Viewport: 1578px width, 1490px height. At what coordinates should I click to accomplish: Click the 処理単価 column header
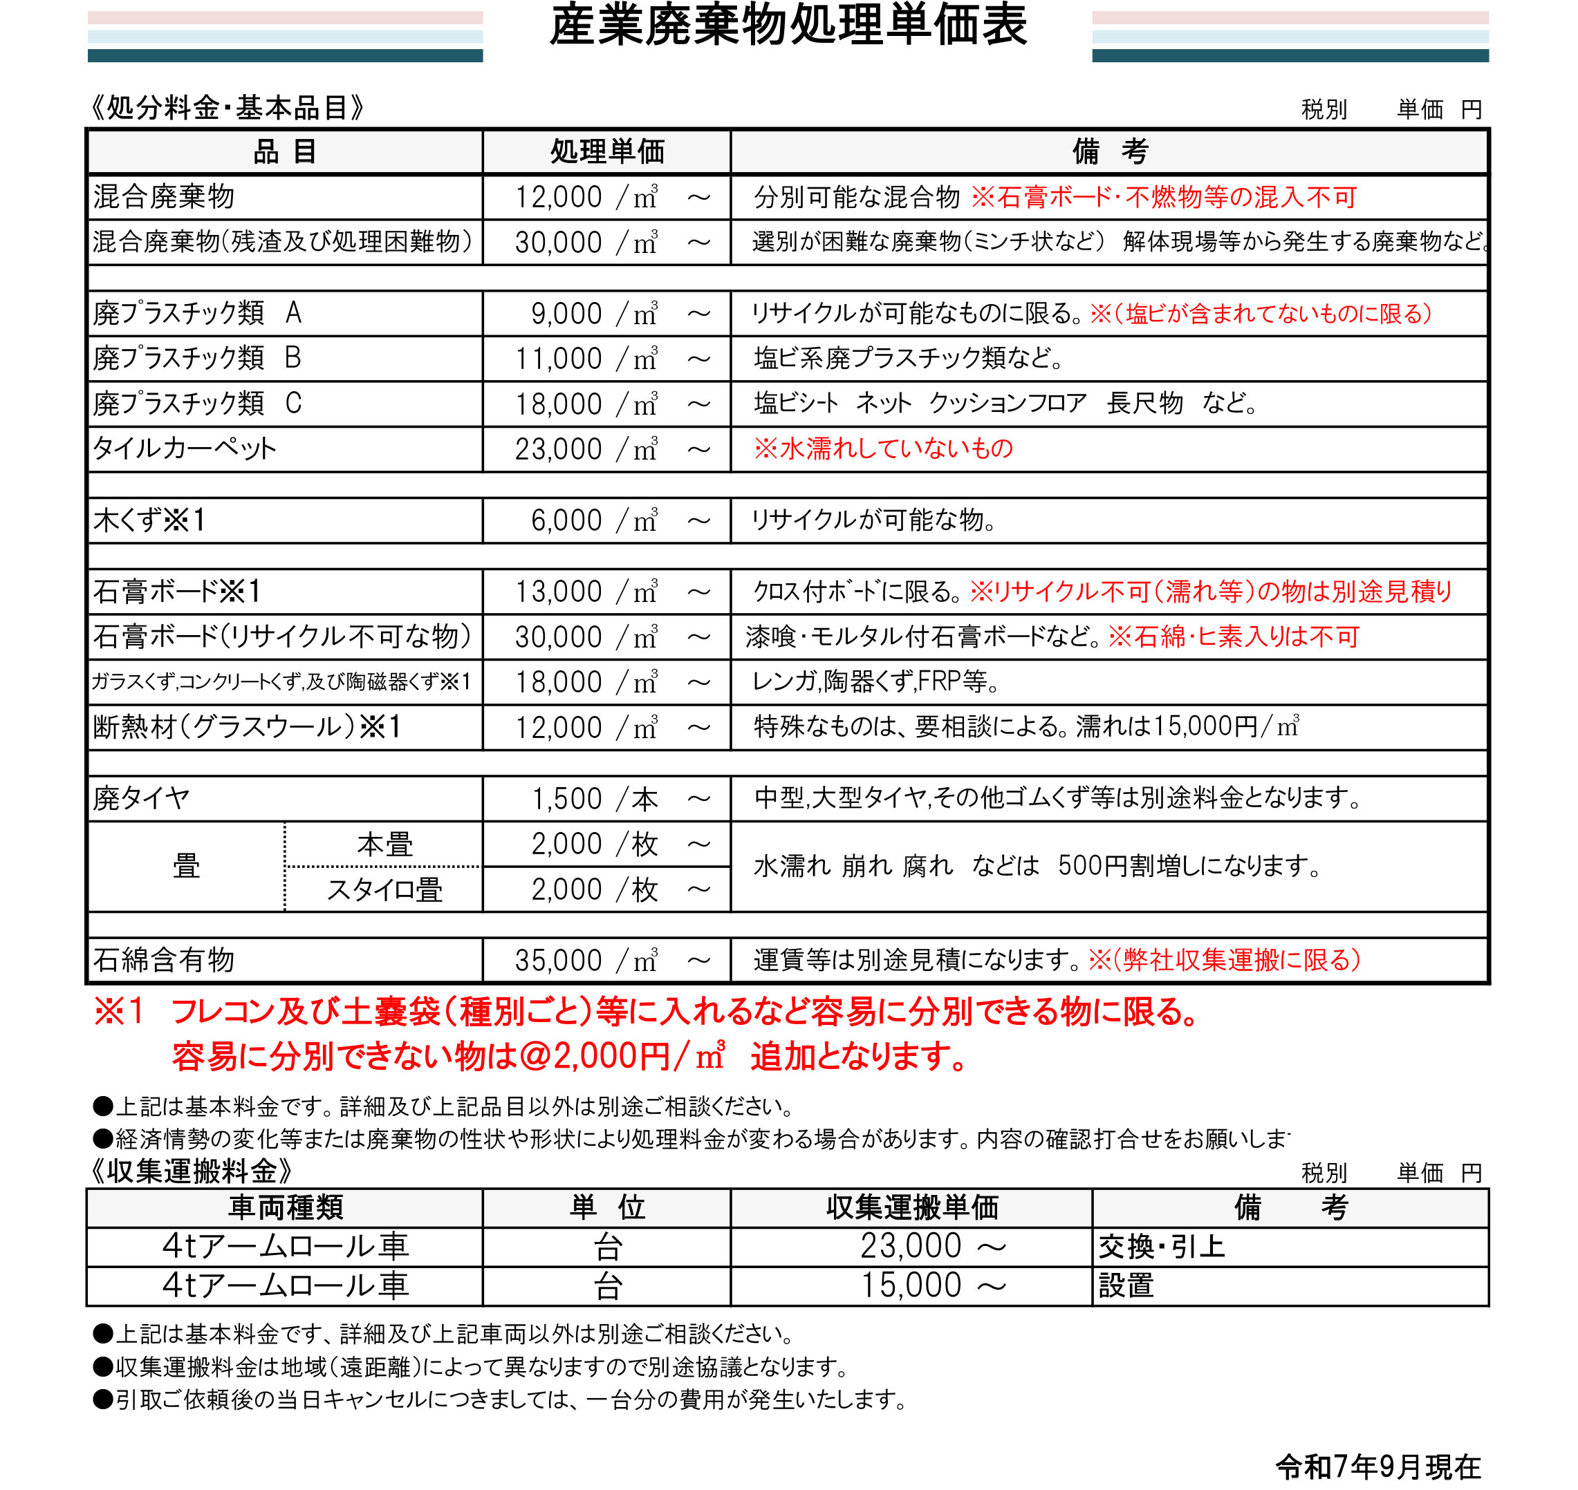tap(606, 151)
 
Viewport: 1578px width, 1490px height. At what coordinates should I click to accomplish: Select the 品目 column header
tap(284, 151)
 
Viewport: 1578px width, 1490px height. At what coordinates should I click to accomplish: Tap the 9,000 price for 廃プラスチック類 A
tap(566, 314)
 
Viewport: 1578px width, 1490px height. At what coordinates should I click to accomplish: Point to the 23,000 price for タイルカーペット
tap(558, 449)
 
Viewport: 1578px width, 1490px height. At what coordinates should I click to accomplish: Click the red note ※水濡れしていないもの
tap(883, 449)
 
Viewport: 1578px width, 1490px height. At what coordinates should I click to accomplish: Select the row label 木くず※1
tap(149, 520)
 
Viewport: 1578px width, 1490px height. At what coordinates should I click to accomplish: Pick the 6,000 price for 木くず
tap(566, 520)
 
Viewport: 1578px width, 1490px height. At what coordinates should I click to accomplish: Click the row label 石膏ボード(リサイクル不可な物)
tap(282, 636)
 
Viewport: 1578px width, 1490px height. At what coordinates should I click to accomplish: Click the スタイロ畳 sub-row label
tap(384, 889)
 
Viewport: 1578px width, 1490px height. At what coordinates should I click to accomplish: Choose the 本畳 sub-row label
tap(384, 845)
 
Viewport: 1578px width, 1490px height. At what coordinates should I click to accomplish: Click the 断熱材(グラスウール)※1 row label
tap(247, 727)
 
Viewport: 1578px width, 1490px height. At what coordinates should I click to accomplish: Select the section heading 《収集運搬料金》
tap(190, 1171)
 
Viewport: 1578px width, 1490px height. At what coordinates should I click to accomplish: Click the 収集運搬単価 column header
tap(911, 1208)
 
